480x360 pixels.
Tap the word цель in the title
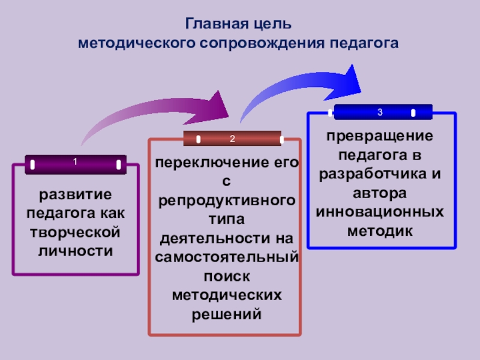pyautogui.click(x=274, y=26)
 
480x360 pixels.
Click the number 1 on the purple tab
pyautogui.click(x=75, y=162)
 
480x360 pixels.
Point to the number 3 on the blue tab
pyautogui.click(x=380, y=112)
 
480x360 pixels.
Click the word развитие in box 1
pyautogui.click(x=76, y=195)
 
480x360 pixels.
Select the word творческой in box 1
pyautogui.click(x=76, y=232)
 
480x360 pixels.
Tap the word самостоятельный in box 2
pyautogui.click(x=226, y=257)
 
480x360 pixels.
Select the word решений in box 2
pyautogui.click(x=226, y=313)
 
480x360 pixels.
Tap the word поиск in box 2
pyautogui.click(x=226, y=275)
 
